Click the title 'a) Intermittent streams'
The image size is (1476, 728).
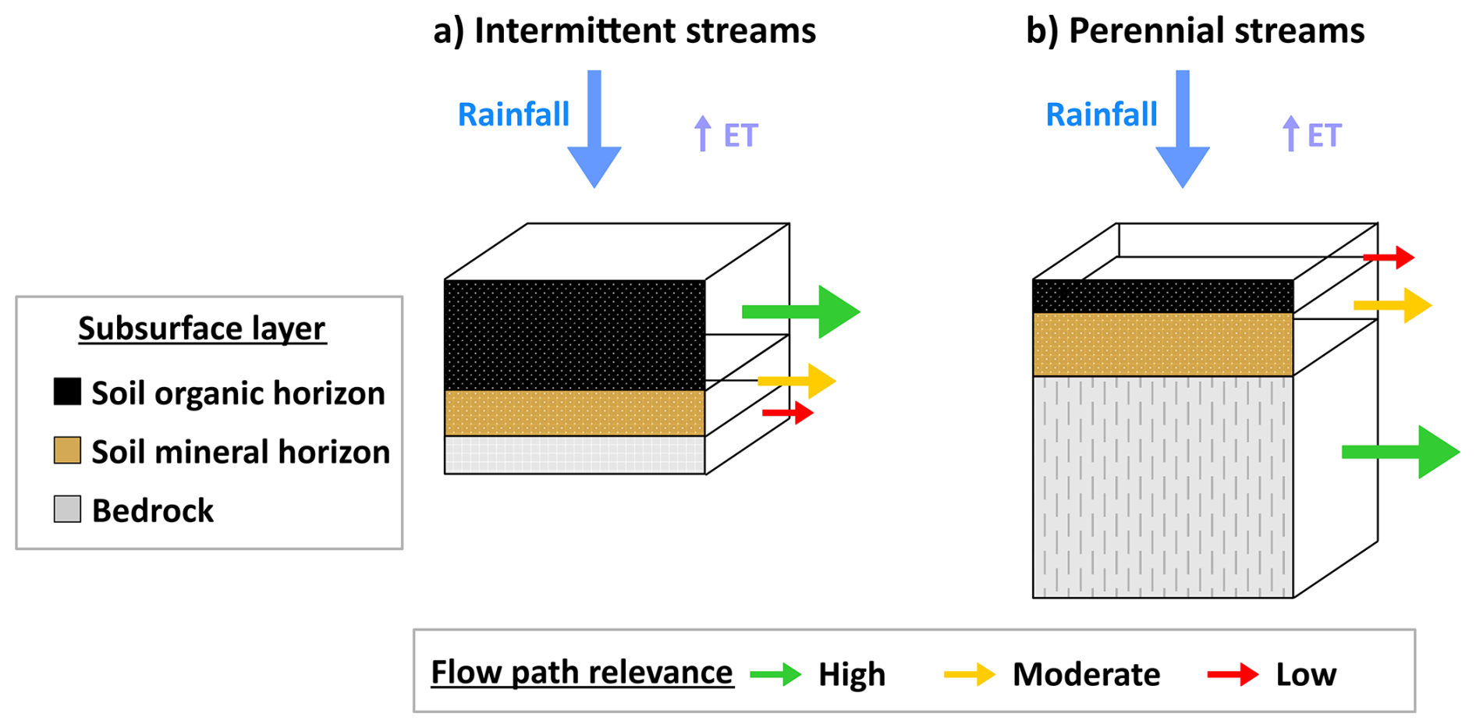[624, 31]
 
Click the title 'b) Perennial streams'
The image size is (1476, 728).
[1194, 31]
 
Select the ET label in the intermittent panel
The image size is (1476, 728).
[740, 136]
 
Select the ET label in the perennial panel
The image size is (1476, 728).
[1324, 136]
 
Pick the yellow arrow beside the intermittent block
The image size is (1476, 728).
[797, 381]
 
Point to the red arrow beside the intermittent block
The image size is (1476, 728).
[788, 412]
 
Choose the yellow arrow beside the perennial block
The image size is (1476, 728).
[1393, 305]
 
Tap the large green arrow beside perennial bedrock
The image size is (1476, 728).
[1401, 452]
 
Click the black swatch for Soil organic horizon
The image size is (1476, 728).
[67, 392]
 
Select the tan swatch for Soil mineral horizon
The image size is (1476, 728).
[67, 450]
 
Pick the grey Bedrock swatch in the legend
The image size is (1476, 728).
[67, 509]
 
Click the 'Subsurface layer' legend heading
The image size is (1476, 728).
[202, 328]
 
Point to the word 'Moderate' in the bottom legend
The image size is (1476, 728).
[1086, 674]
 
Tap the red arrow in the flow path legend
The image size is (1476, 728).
[1233, 674]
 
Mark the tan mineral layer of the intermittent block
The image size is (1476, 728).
[574, 413]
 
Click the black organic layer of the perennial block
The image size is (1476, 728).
[1162, 297]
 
